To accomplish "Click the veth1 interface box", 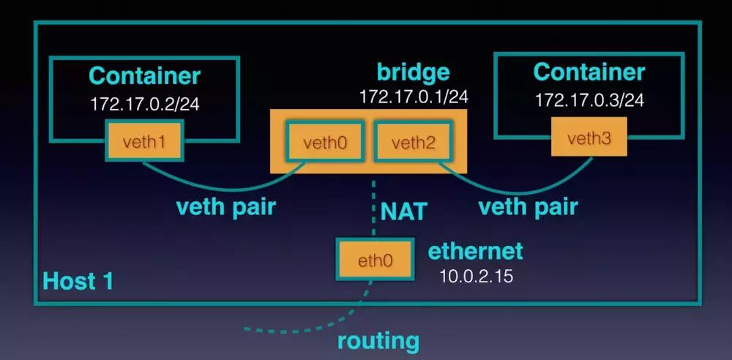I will [144, 142].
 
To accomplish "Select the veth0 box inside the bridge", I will [325, 142].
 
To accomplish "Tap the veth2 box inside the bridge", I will [414, 142].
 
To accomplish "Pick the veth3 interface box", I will [589, 138].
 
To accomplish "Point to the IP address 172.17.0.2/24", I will [144, 104].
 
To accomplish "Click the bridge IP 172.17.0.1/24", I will [413, 97].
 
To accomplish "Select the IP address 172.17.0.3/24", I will [589, 100].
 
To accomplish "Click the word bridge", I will [413, 73].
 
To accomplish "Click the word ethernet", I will [475, 251].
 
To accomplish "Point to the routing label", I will [378, 340].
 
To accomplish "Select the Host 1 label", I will [78, 281].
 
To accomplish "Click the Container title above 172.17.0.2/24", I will [144, 75].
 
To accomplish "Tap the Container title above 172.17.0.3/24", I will [589, 72].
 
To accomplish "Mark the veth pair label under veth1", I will [225, 206].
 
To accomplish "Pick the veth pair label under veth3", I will [528, 206].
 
